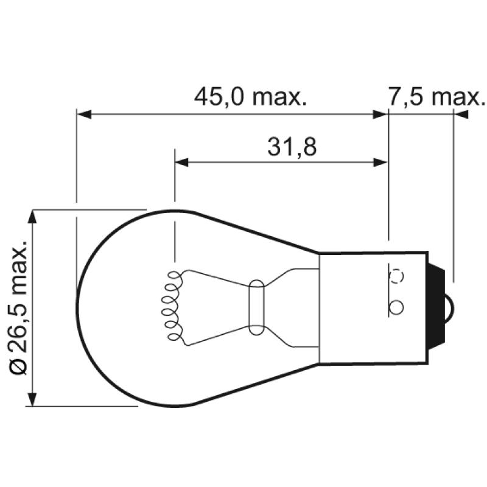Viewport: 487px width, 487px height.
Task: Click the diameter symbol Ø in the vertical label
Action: (18, 366)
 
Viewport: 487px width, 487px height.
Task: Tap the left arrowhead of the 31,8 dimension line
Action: (181, 163)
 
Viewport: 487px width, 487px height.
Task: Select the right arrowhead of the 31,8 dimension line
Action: (380, 163)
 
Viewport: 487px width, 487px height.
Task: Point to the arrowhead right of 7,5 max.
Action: (461, 114)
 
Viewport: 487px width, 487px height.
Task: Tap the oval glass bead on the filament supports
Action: (257, 307)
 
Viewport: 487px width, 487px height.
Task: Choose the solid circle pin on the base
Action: (396, 307)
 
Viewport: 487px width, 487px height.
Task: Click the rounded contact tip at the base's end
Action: (452, 303)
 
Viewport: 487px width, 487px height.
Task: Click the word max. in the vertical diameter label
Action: (18, 268)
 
